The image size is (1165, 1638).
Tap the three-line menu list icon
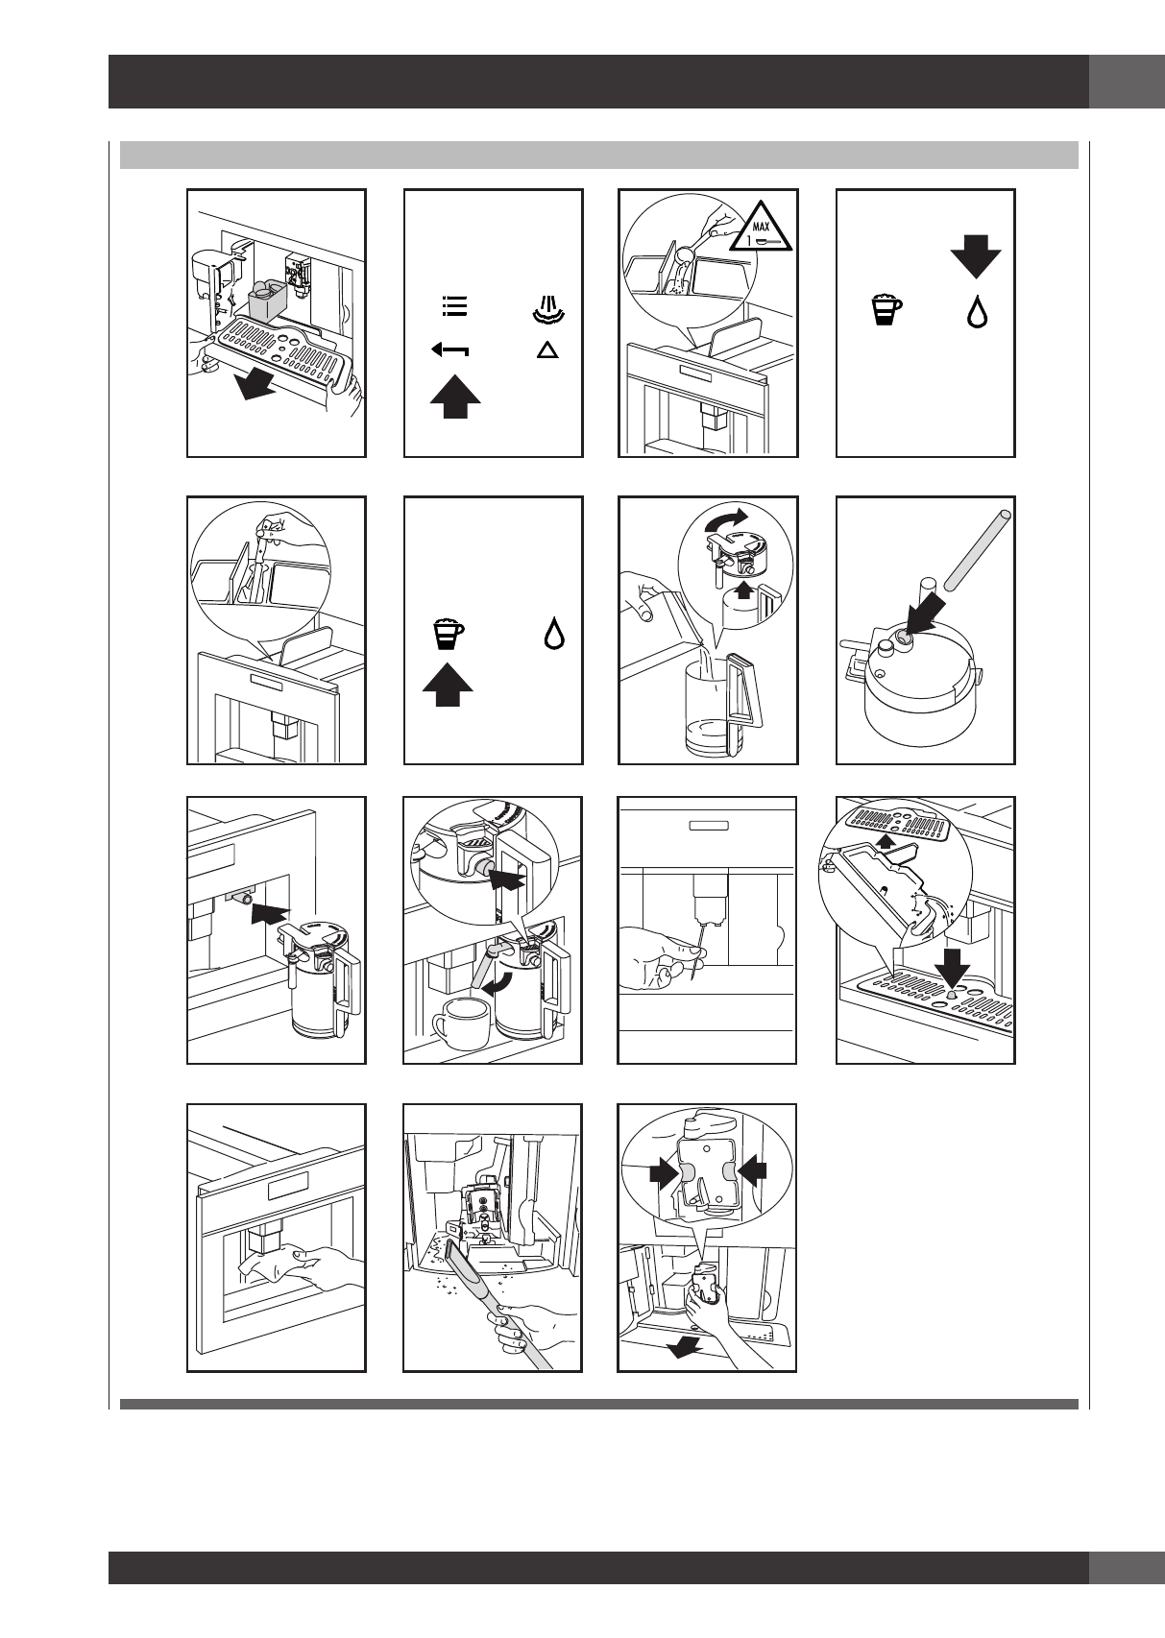(x=454, y=305)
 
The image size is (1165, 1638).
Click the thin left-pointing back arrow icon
(x=449, y=351)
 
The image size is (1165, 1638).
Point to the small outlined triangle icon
(x=547, y=350)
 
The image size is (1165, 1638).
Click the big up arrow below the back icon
(x=455, y=396)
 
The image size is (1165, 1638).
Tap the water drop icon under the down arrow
(x=977, y=312)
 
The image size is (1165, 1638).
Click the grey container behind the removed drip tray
(x=268, y=301)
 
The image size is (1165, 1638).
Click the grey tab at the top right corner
(x=1127, y=82)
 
